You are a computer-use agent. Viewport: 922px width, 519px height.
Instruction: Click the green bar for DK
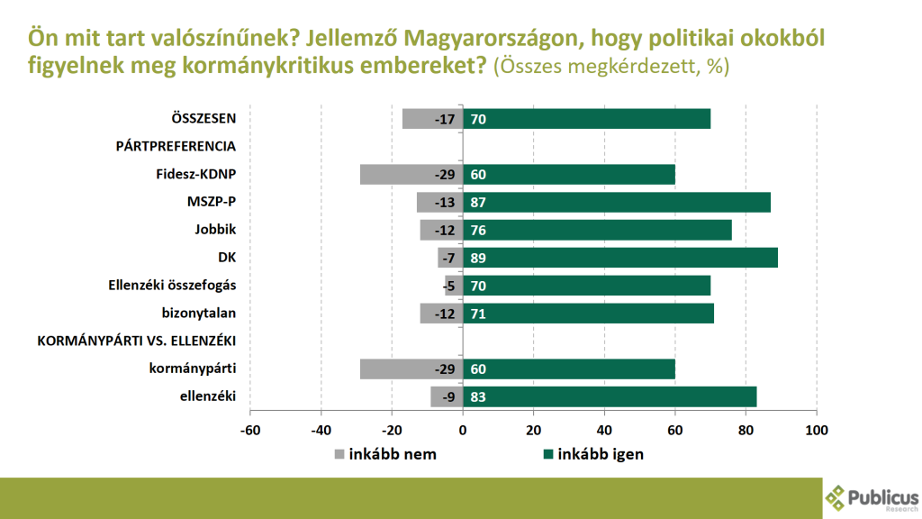pos(620,258)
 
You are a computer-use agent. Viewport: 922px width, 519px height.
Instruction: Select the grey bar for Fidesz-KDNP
pos(411,174)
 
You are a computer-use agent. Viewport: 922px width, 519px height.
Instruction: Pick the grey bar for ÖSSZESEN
pos(432,118)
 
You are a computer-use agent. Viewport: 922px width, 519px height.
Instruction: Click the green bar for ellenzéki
pos(610,396)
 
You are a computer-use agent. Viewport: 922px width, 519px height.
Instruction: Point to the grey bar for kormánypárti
pos(411,369)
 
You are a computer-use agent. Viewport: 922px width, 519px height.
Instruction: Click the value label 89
pos(478,259)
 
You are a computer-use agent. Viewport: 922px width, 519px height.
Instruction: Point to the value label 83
pos(478,397)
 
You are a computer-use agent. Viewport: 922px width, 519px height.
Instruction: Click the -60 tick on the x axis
pos(250,430)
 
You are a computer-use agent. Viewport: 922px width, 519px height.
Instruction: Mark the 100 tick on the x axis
pos(816,430)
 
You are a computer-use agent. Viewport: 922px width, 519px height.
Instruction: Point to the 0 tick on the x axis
pos(463,430)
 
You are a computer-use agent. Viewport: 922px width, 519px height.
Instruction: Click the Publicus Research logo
pos(870,497)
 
